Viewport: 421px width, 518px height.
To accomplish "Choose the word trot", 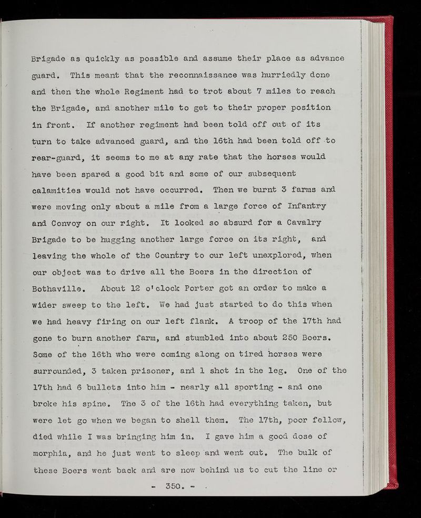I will [203, 92].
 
